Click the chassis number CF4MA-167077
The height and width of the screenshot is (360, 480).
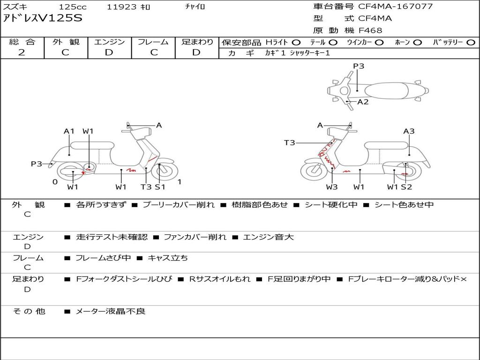(396, 7)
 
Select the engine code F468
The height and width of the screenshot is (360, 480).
(370, 30)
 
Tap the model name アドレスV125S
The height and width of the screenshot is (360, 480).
(43, 18)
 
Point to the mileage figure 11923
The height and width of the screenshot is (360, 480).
(121, 7)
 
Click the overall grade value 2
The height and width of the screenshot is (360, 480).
(22, 52)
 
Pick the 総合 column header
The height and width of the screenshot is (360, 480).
(22, 42)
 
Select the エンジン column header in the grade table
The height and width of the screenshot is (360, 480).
(109, 42)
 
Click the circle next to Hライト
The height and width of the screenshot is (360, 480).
(296, 43)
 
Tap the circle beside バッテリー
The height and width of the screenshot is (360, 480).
(471, 43)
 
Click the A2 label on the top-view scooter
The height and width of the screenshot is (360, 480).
(363, 102)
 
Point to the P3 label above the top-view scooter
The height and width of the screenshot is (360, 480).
(359, 66)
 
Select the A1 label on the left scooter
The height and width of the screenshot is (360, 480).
(69, 131)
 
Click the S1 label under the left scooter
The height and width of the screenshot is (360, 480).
(160, 187)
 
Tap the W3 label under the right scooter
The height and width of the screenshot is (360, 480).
(331, 187)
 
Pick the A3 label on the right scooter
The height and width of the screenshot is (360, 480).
(409, 131)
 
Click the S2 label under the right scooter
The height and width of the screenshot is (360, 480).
(406, 187)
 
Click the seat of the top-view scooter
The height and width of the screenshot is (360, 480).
(386, 91)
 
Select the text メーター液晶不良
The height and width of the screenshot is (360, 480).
(110, 311)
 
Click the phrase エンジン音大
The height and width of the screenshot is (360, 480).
(268, 237)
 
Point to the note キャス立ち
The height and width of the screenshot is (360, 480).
(168, 258)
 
